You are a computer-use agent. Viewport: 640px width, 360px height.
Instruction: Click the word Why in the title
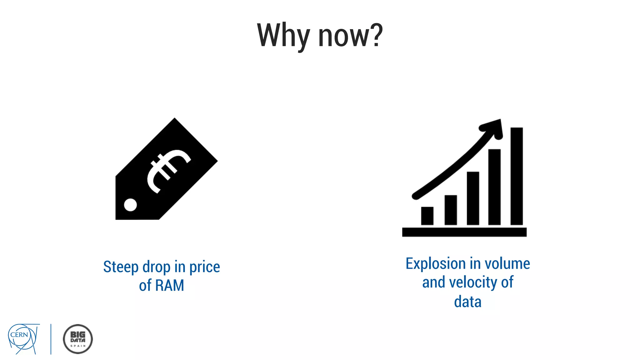pyautogui.click(x=283, y=36)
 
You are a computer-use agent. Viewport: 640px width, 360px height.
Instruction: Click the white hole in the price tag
pyautogui.click(x=130, y=205)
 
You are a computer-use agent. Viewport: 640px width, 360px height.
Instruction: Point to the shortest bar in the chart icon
pyautogui.click(x=427, y=216)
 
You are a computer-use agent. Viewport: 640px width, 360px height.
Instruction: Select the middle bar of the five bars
pyautogui.click(x=473, y=198)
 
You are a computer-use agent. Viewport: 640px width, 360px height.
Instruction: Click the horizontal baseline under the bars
pyautogui.click(x=464, y=232)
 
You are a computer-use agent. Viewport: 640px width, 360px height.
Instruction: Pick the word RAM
pyautogui.click(x=170, y=285)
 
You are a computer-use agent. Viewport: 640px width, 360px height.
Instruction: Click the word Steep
pyautogui.click(x=121, y=267)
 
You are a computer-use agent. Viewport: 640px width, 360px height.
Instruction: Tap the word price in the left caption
pyautogui.click(x=204, y=267)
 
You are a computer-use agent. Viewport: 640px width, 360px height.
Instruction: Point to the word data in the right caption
pyautogui.click(x=467, y=302)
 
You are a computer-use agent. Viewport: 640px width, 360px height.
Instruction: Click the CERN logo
pyautogui.click(x=23, y=338)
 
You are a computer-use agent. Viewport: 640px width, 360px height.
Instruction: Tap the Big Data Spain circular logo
pyautogui.click(x=78, y=339)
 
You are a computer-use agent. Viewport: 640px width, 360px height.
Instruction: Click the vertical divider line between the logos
pyautogui.click(x=51, y=339)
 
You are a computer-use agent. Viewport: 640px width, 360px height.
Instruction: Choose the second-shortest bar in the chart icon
pyautogui.click(x=451, y=210)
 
